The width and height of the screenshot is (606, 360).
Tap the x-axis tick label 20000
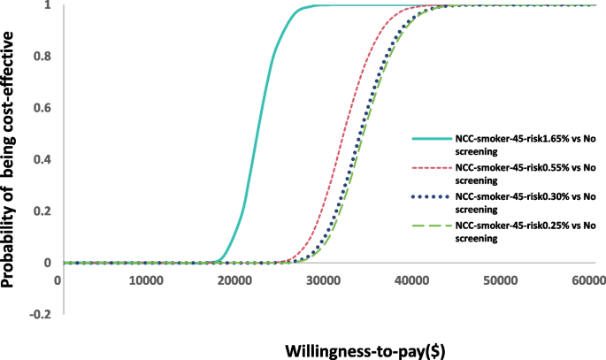[x=234, y=280]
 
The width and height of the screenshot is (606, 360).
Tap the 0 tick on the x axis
[x=58, y=280]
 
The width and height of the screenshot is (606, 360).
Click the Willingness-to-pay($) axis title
[x=364, y=349]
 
